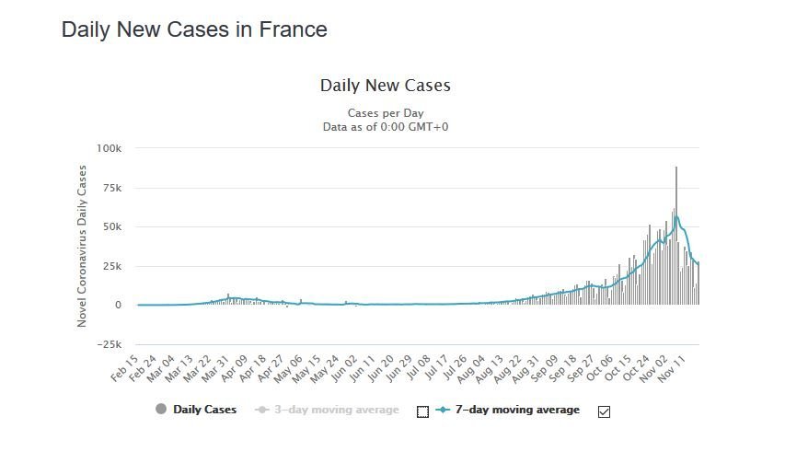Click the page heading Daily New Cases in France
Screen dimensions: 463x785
coord(194,29)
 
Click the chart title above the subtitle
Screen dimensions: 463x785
coord(385,86)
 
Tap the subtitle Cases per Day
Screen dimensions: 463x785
coord(385,112)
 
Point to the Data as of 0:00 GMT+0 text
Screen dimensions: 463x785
coord(385,126)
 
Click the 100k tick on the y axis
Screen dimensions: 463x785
coord(109,148)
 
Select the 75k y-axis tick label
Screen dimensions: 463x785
coord(111,188)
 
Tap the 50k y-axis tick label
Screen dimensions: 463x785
coord(111,226)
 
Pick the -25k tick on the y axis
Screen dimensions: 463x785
coord(110,344)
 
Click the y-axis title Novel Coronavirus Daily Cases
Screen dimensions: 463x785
coord(82,246)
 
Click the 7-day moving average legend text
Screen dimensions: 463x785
coord(517,410)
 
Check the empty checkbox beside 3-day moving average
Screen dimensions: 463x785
coord(423,411)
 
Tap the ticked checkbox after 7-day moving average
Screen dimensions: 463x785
coord(604,411)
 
